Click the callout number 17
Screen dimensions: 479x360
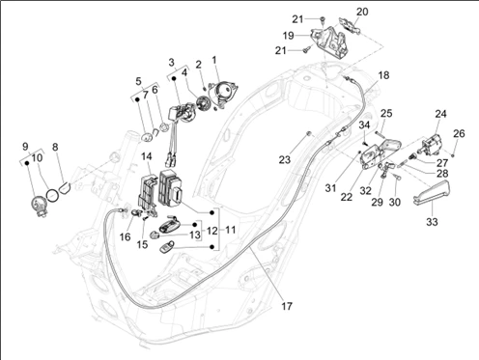[287, 306]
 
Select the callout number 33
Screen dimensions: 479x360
[433, 222]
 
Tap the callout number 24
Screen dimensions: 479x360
[440, 114]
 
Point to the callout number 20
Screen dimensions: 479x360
[362, 12]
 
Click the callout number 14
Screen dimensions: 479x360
[146, 156]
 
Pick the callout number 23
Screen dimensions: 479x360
[285, 159]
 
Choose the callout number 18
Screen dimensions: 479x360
[383, 75]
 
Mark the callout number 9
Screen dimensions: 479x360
[25, 147]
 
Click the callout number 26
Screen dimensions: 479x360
[459, 133]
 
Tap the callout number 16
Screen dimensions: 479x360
[125, 237]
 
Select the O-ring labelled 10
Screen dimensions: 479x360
[53, 195]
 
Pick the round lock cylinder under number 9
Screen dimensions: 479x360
[39, 206]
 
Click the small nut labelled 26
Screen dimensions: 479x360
[453, 155]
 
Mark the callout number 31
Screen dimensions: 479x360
[330, 188]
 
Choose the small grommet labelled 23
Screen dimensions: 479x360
[309, 133]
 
